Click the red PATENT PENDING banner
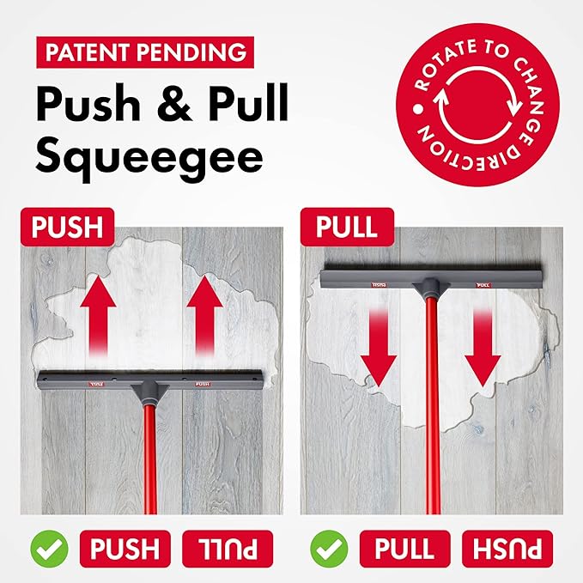[145, 52]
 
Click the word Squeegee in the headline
[149, 158]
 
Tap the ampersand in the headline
[174, 103]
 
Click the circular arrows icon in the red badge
[477, 105]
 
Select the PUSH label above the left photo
[67, 227]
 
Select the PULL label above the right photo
[347, 227]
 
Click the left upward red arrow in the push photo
[98, 315]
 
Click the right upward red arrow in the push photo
[204, 315]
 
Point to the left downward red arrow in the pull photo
[379, 348]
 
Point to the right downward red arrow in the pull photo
[483, 348]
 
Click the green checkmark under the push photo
[49, 549]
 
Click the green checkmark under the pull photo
[329, 549]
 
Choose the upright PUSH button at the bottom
[125, 549]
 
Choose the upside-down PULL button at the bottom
[228, 549]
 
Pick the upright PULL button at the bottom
[405, 549]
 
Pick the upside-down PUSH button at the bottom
[507, 549]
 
